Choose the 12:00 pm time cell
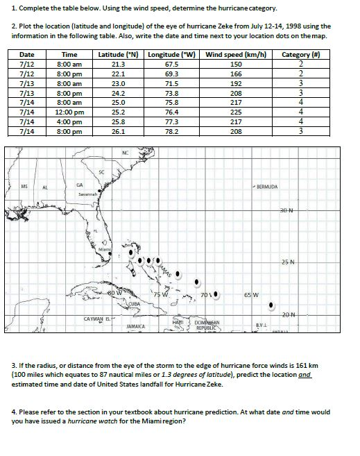coord(69,111)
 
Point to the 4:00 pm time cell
coord(69,121)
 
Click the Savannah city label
coord(87,195)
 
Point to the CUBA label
coord(134,304)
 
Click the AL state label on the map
coord(46,187)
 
